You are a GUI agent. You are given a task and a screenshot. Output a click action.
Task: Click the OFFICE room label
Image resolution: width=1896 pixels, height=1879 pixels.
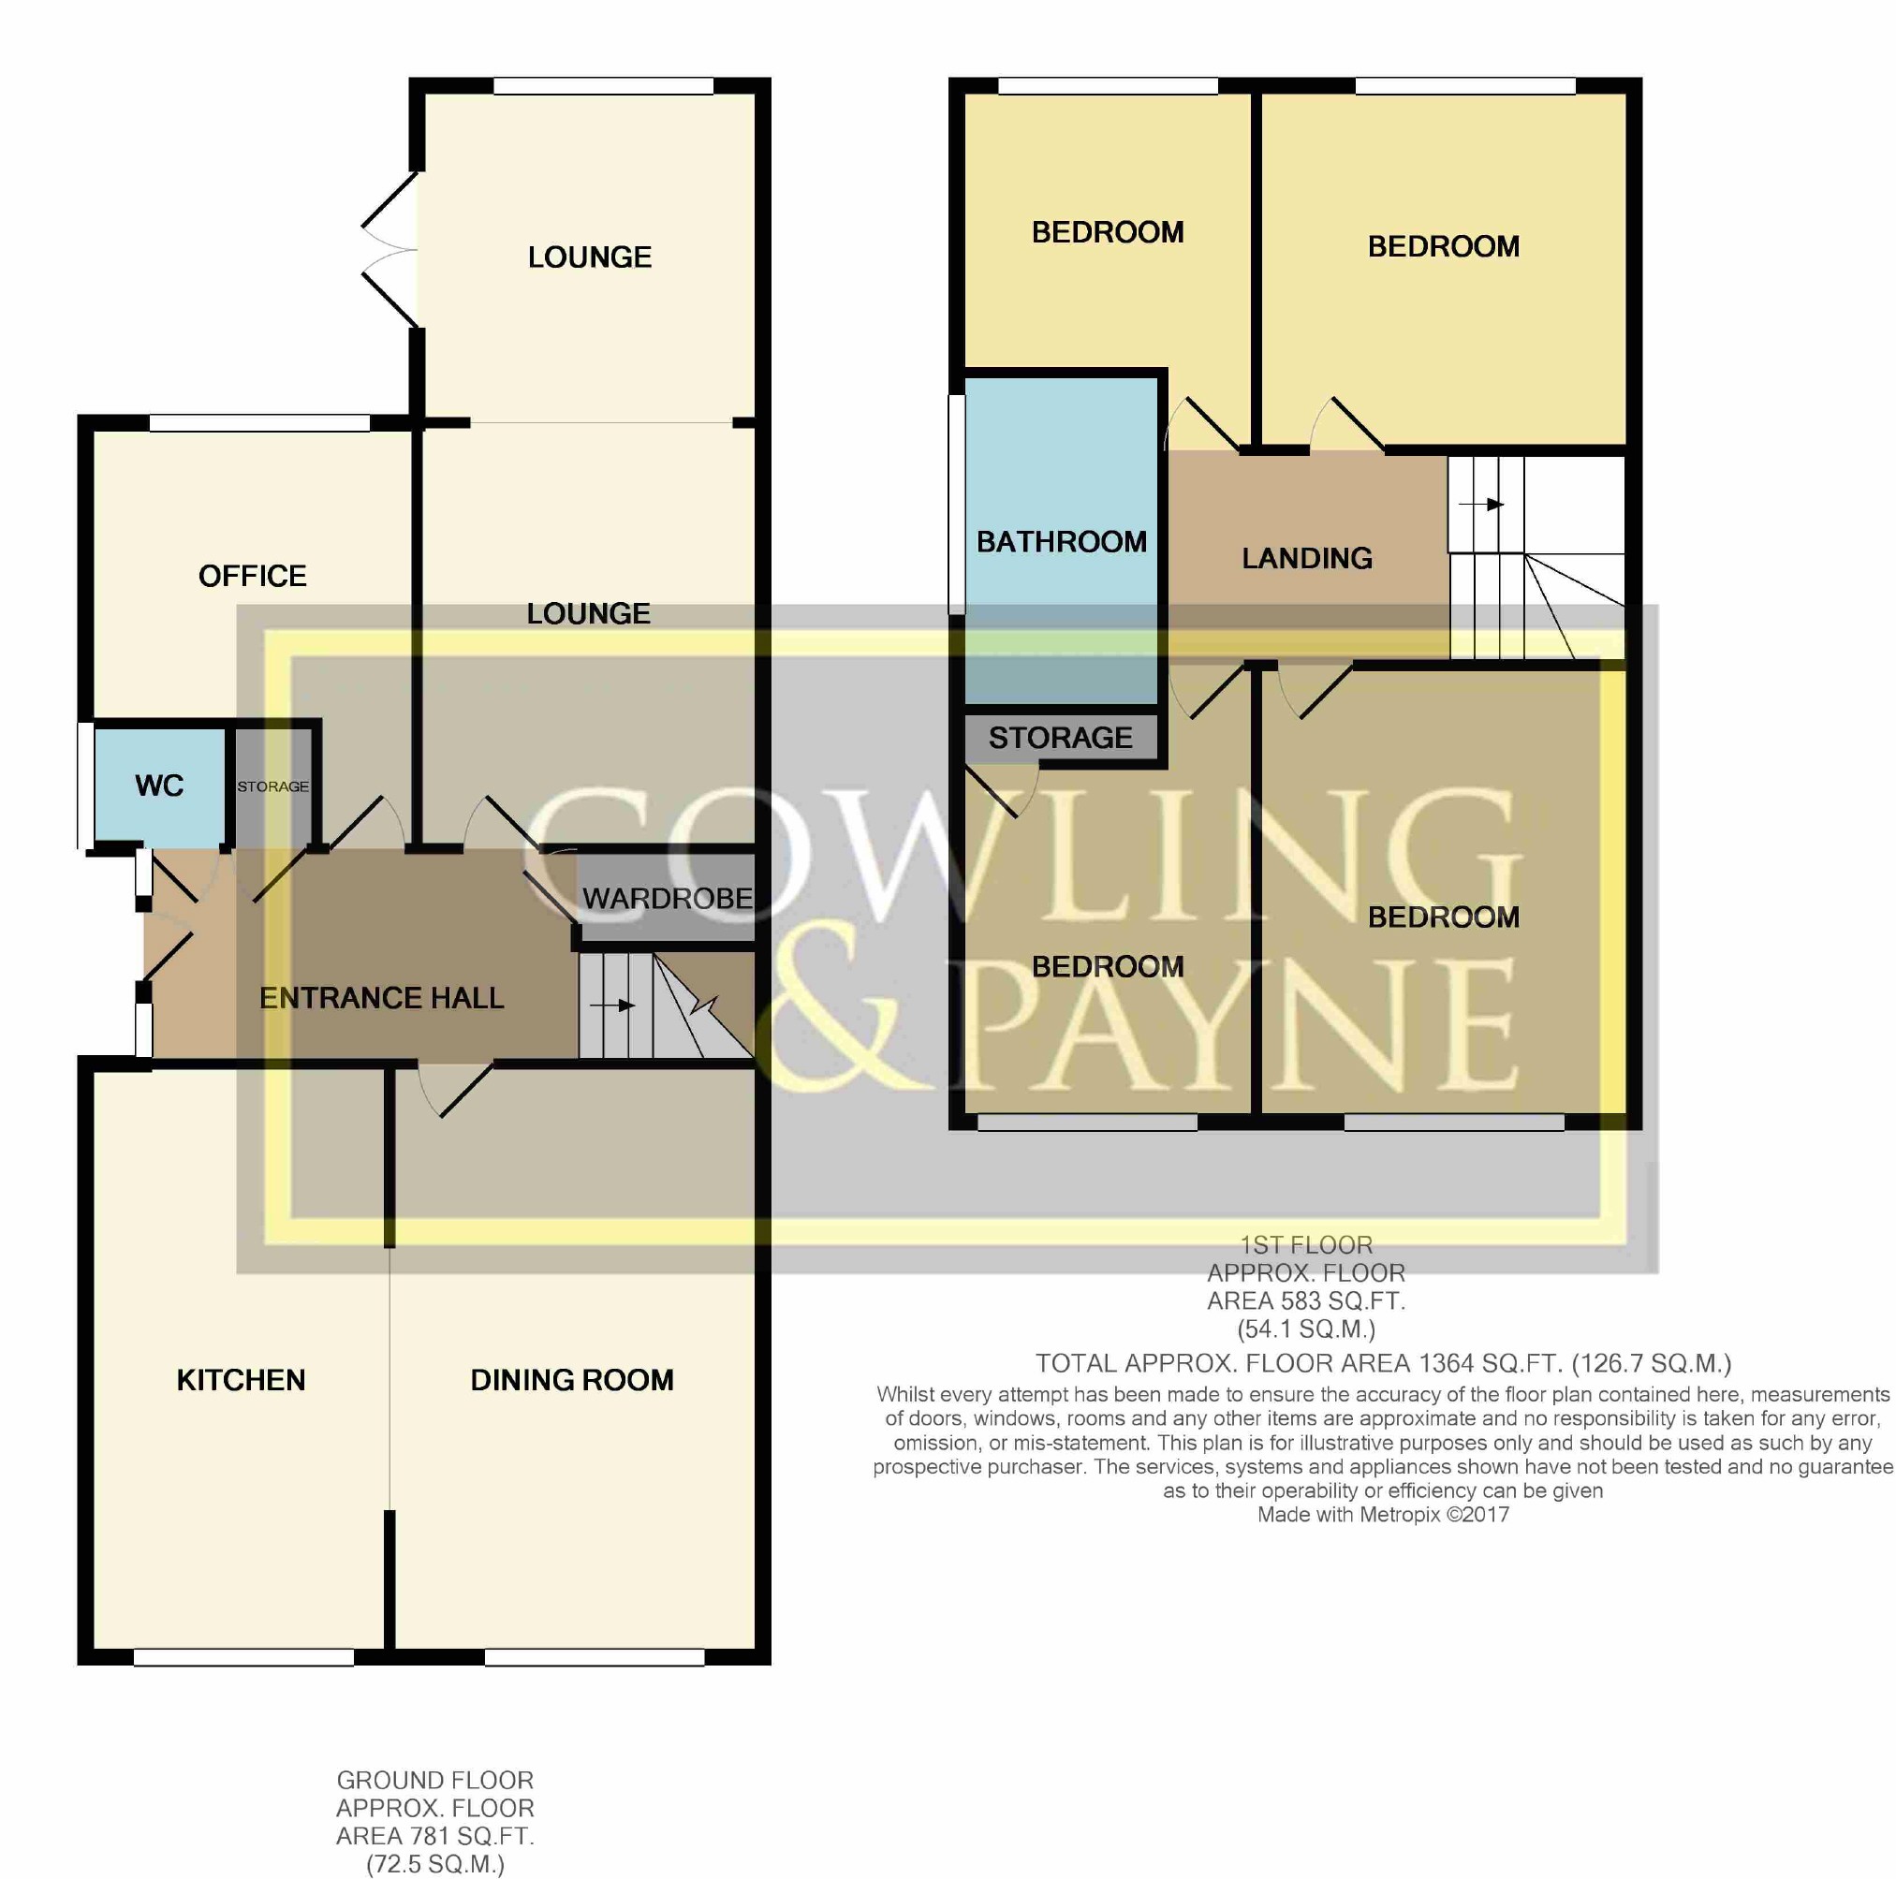coord(252,576)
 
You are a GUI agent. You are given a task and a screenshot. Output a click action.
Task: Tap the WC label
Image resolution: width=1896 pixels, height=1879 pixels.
coord(159,785)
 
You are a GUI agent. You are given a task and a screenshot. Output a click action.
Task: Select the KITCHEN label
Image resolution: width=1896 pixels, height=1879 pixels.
coord(242,1380)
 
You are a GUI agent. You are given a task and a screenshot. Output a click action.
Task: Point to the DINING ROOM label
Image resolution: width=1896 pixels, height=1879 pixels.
coord(572,1380)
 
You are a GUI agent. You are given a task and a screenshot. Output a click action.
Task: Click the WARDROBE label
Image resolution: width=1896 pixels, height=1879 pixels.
coord(668,898)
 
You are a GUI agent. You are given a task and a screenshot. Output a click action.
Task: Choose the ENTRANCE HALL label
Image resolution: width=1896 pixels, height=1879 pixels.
coord(382,998)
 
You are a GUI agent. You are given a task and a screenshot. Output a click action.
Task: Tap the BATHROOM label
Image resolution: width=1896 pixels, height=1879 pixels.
coord(1062,542)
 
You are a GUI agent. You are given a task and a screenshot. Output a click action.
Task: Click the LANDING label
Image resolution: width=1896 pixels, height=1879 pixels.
coord(1307,558)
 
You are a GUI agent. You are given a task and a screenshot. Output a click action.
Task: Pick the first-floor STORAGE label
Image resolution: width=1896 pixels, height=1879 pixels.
coord(1061,738)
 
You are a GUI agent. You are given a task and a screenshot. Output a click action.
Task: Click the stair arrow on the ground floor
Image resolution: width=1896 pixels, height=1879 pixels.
coord(612,1006)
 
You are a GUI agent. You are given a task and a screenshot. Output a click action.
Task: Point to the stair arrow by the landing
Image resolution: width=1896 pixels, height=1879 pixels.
coord(1482,505)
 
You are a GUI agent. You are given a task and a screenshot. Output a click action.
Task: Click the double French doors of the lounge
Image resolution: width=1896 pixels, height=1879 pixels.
coord(391,249)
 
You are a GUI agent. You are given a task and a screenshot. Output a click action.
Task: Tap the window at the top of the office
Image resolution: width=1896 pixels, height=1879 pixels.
coord(260,423)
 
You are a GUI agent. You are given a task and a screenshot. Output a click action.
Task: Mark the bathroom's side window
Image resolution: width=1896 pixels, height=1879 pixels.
coord(957,505)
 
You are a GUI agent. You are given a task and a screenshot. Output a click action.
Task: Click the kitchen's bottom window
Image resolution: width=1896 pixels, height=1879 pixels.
coord(243,1657)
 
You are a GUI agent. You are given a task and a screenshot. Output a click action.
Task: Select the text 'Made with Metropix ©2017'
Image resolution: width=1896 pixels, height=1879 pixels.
coord(1383,1514)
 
